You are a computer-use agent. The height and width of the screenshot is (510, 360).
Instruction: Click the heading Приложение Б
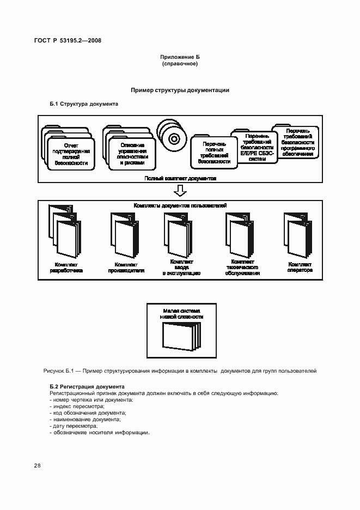click(179, 57)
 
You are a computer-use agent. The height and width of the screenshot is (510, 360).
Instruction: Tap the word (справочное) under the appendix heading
click(179, 64)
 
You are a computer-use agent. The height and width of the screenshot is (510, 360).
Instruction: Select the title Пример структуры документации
click(180, 90)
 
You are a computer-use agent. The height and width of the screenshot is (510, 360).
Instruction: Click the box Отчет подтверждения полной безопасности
click(71, 154)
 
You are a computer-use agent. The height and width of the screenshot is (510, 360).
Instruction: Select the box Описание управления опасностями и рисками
click(132, 153)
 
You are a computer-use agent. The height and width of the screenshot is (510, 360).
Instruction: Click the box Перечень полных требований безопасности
click(210, 153)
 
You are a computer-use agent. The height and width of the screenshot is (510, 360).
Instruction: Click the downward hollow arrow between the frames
click(180, 191)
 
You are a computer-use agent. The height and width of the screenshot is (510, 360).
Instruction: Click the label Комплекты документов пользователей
click(180, 205)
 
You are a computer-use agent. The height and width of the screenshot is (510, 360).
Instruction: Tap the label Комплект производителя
click(122, 266)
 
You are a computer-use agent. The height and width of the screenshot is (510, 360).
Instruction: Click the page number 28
click(37, 465)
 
